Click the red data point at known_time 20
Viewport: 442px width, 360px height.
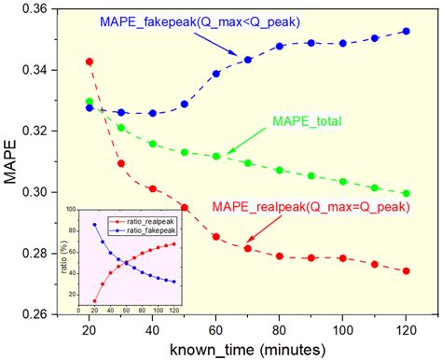tap(90, 62)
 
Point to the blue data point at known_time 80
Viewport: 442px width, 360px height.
tap(279, 46)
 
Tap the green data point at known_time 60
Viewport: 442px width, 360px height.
tap(215, 157)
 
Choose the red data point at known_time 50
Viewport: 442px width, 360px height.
tap(184, 207)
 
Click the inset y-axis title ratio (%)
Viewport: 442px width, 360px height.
tap(63, 259)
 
